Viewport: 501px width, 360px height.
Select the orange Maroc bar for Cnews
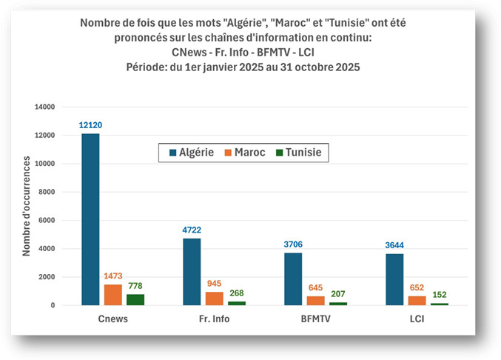tap(112, 295)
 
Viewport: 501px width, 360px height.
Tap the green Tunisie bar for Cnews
tap(135, 299)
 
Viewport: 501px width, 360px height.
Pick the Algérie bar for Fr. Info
tap(192, 271)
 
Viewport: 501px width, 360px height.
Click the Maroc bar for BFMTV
tap(315, 300)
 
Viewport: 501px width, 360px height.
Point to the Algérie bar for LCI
tap(394, 279)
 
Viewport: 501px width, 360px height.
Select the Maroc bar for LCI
tap(417, 300)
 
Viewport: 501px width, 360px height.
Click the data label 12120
tap(90, 126)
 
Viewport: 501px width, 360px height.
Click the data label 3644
tap(394, 246)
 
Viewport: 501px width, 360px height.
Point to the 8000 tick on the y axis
tap(45, 192)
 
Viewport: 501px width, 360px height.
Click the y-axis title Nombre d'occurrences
tap(27, 206)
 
